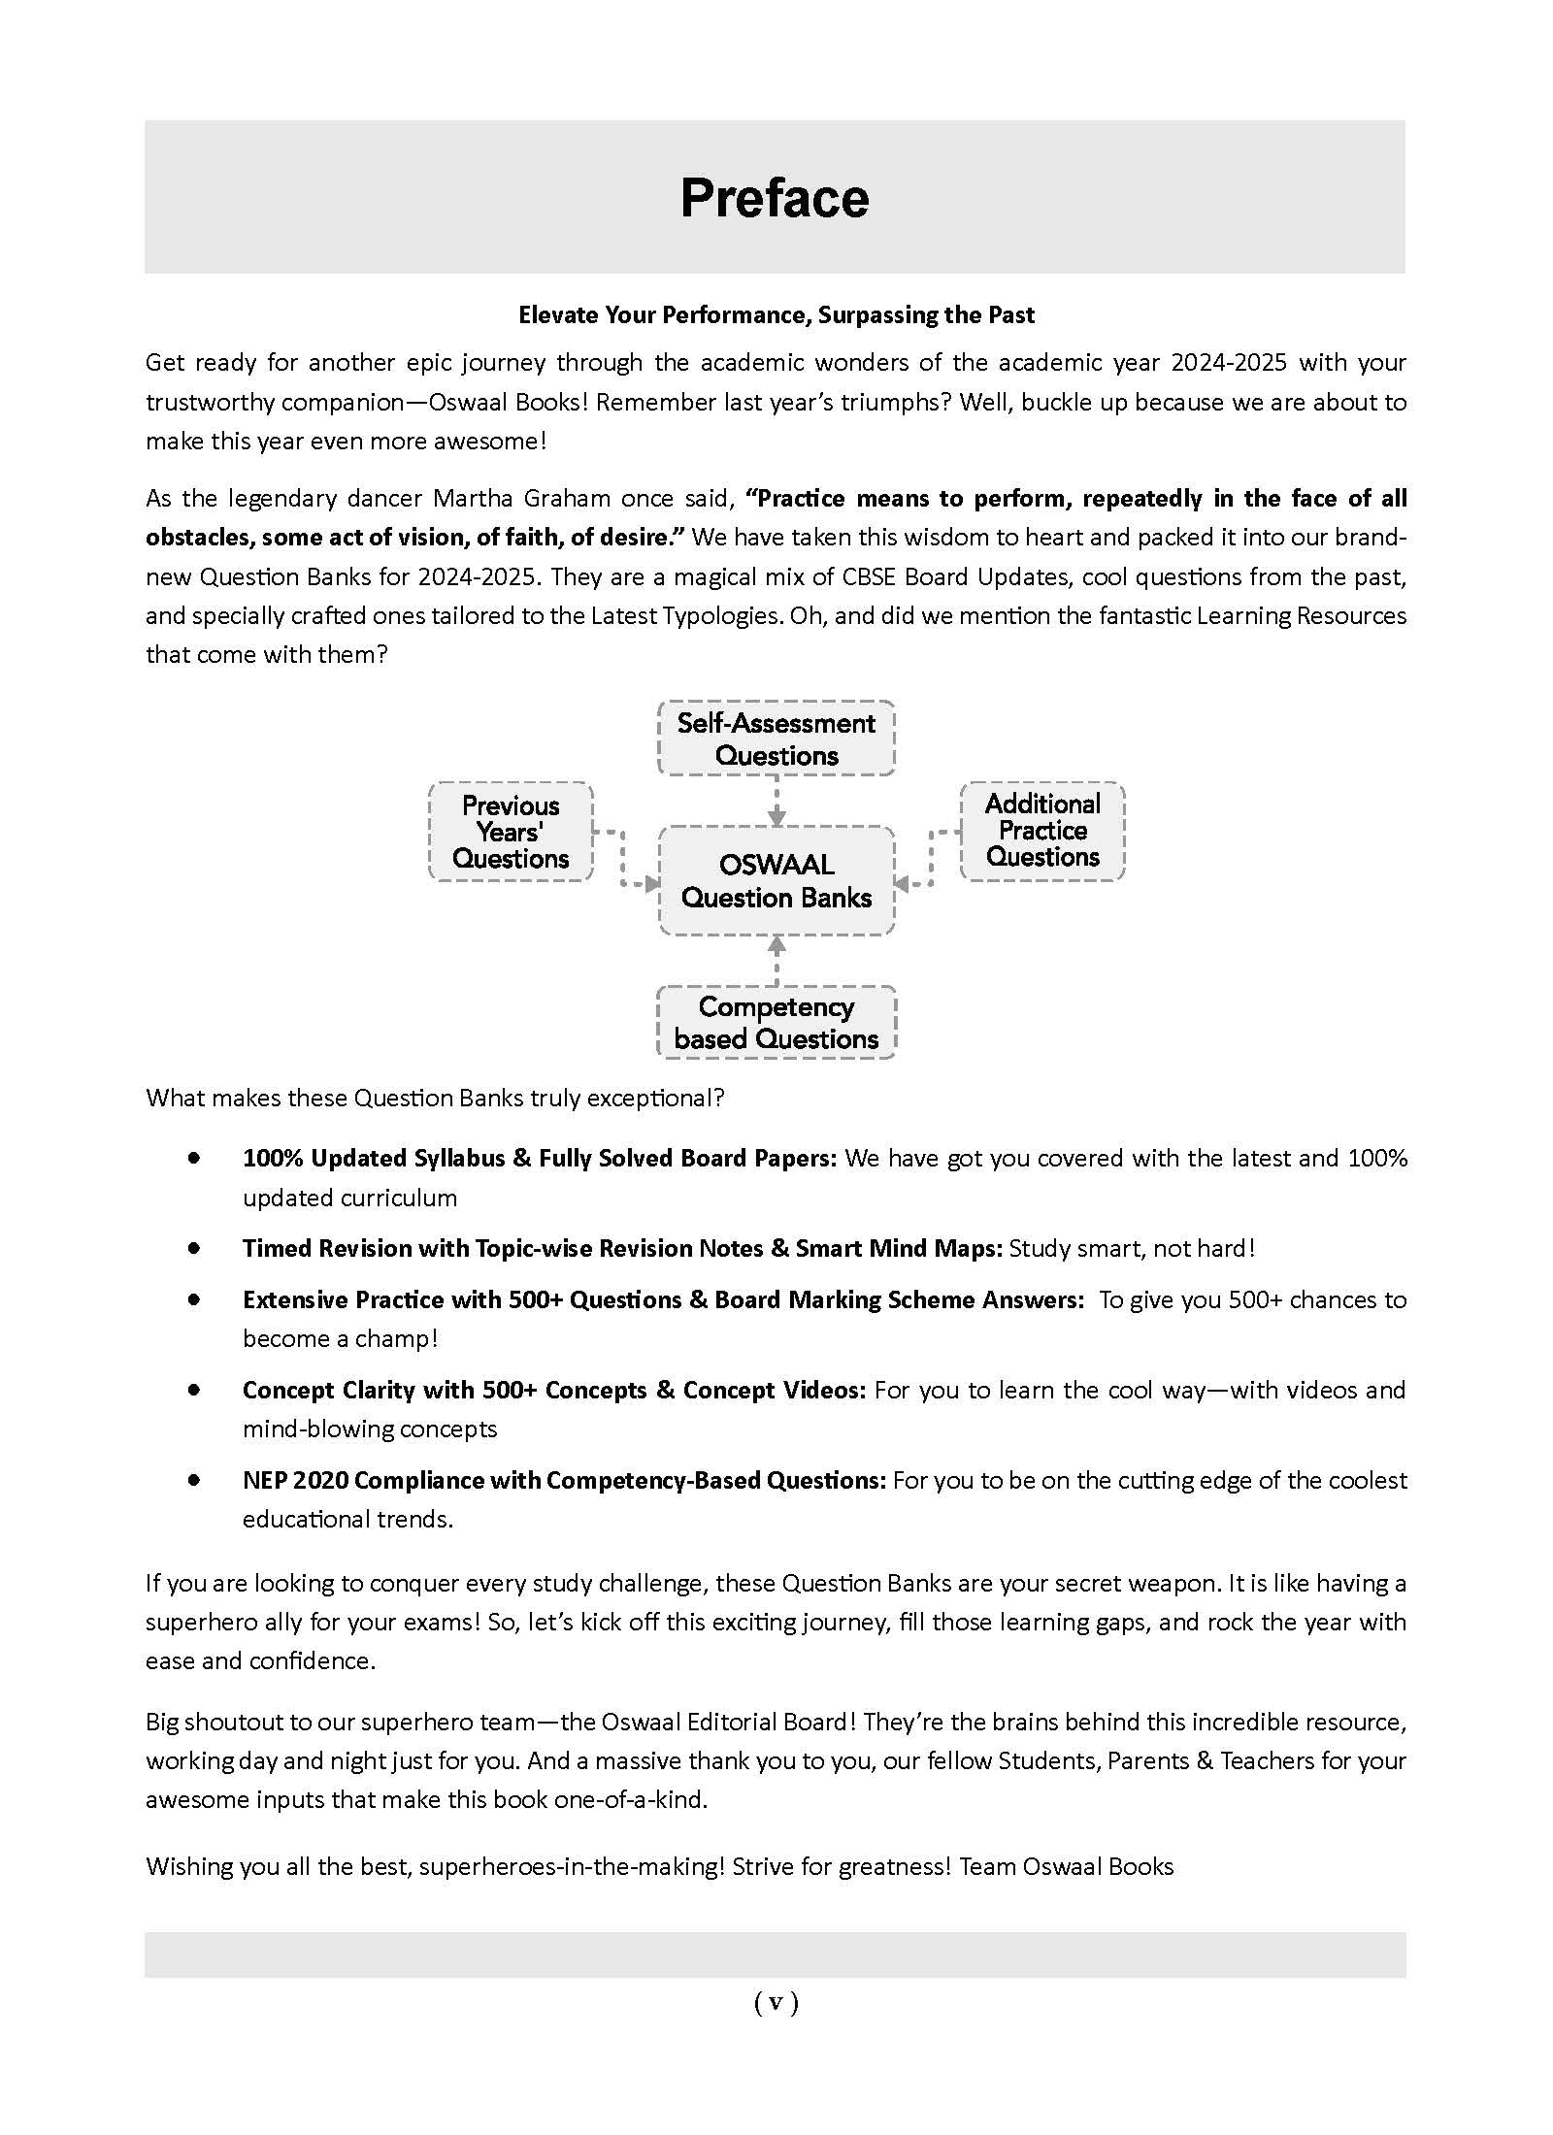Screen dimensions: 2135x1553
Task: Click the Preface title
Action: tap(775, 198)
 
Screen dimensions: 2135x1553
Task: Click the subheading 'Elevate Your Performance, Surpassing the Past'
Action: tap(776, 314)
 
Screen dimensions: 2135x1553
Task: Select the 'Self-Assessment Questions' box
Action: tap(776, 739)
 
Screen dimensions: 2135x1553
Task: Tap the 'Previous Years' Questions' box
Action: tap(511, 832)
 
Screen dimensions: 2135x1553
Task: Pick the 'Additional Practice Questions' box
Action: tap(1042, 831)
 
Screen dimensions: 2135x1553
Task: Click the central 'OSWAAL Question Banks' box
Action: tap(776, 880)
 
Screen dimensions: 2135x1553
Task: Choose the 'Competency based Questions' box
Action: tap(776, 1023)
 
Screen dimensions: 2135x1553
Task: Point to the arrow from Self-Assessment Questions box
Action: tap(776, 802)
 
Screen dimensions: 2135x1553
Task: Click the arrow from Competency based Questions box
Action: tap(776, 959)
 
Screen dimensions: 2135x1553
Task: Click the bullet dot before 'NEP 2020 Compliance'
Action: tap(195, 1480)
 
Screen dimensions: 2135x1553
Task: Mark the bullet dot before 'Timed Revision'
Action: tap(195, 1248)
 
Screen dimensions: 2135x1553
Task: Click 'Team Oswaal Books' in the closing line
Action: tap(1066, 1867)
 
